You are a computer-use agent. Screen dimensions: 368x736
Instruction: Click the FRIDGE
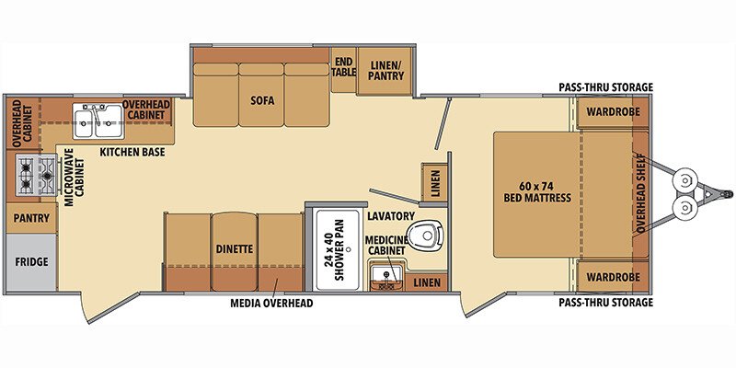click(30, 261)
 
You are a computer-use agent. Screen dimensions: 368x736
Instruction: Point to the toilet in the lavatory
click(427, 236)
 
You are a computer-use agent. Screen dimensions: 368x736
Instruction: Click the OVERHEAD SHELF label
click(641, 194)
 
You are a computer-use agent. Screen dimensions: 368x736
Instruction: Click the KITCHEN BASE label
click(132, 152)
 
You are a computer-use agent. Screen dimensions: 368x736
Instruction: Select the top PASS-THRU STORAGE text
click(605, 87)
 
